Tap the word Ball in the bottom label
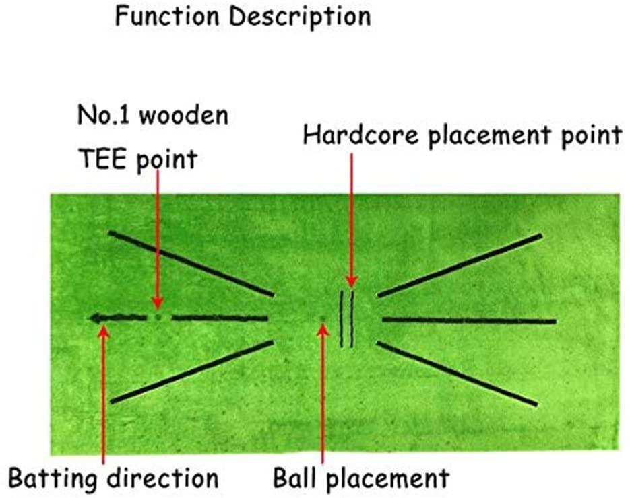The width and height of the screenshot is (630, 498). point(294,478)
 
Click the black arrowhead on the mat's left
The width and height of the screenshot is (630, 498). point(99,318)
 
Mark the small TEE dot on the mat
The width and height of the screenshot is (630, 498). point(158,316)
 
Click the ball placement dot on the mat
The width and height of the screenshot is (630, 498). point(323,318)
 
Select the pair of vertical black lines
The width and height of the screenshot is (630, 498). point(347,319)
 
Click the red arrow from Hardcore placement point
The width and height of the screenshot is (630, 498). point(351,222)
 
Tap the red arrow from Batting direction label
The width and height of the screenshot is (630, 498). point(103,397)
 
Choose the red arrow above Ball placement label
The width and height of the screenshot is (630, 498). point(323,397)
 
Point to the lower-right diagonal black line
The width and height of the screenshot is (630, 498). point(457,374)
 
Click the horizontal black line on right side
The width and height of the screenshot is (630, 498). point(468,320)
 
